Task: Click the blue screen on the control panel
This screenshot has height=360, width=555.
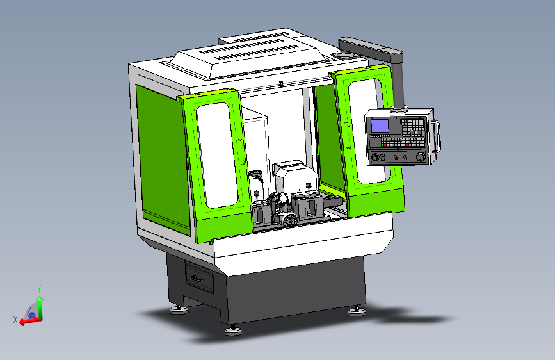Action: pos(380,126)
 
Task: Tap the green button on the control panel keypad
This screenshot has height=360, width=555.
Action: pos(383,145)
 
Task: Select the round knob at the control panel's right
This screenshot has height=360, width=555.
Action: pos(421,156)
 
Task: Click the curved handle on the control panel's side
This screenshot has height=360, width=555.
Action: pos(437,136)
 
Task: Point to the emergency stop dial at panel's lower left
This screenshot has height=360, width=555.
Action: pos(375,157)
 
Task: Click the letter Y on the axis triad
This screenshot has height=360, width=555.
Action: pos(39,288)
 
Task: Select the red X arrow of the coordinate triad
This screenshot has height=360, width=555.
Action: pos(29,321)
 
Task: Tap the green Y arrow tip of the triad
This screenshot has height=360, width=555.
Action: pos(40,299)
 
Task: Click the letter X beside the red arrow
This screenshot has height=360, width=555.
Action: pos(15,320)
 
